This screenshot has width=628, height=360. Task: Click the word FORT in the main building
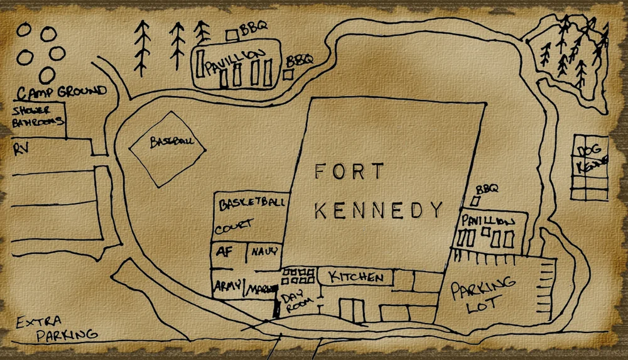[349, 172]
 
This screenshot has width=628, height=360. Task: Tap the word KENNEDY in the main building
[378, 210]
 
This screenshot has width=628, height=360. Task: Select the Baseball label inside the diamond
[168, 143]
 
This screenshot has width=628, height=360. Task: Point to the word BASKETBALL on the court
[252, 204]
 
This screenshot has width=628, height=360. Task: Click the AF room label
[224, 252]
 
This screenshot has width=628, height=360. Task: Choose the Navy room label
[265, 252]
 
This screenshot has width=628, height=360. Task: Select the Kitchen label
[356, 277]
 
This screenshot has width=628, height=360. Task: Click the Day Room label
[295, 303]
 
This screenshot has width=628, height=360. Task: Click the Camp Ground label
[61, 92]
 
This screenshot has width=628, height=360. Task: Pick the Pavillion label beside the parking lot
[488, 222]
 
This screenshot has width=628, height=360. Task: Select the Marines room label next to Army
[261, 289]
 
